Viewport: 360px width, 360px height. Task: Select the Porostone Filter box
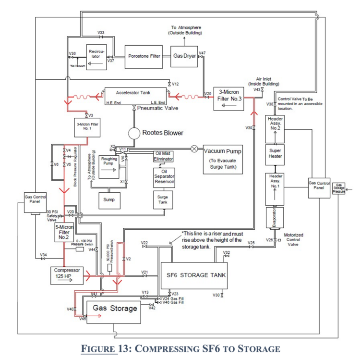click(144, 56)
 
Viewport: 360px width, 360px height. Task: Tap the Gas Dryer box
click(185, 56)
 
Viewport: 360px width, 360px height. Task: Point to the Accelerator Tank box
click(133, 95)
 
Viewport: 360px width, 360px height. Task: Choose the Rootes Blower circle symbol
click(133, 133)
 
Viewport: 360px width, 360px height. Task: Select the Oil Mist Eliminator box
click(164, 156)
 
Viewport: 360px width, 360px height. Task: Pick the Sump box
click(109, 199)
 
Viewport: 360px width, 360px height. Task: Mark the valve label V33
click(101, 33)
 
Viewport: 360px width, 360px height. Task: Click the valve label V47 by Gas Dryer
click(202, 52)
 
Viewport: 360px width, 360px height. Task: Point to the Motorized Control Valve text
click(294, 239)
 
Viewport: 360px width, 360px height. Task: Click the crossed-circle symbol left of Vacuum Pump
click(194, 149)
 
